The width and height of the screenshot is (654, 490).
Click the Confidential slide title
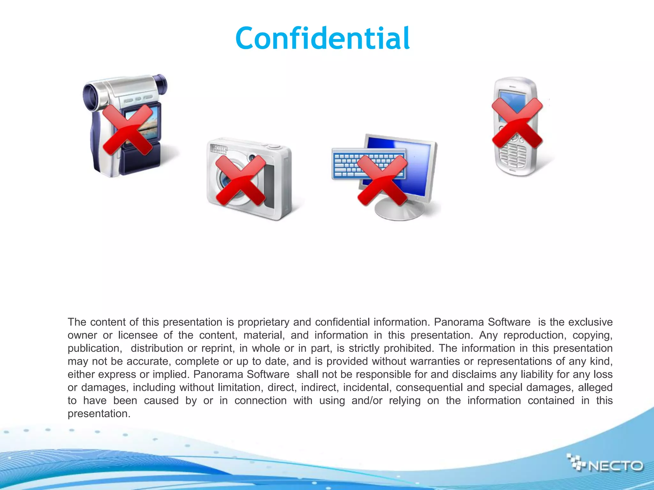[x=323, y=39]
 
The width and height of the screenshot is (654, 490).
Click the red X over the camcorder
[x=127, y=130]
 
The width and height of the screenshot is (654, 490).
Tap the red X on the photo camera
[x=240, y=181]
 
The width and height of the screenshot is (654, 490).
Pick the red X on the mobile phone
[x=517, y=123]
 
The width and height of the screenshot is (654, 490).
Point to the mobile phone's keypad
[x=513, y=156]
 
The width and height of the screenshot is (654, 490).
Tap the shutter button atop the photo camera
[x=273, y=146]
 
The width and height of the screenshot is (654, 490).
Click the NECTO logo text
[x=616, y=466]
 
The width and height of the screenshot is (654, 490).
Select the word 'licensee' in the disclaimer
[x=138, y=335]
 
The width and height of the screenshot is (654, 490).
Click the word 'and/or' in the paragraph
[x=367, y=401]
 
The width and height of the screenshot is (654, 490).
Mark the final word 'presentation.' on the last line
[x=99, y=414]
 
